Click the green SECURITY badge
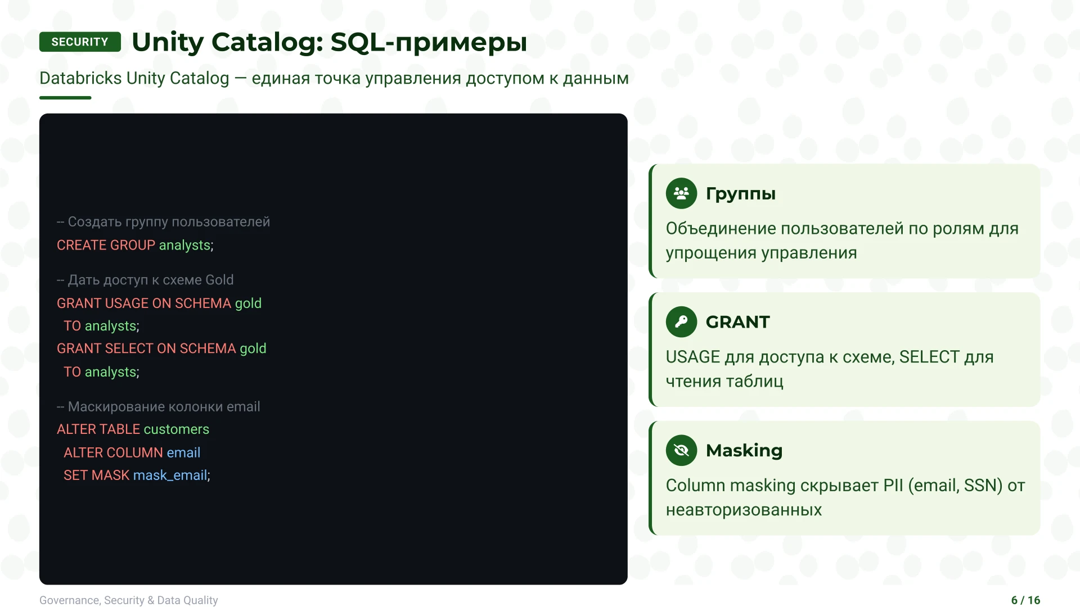pyautogui.click(x=80, y=42)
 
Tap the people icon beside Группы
pyautogui.click(x=681, y=193)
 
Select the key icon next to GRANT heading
pyautogui.click(x=681, y=322)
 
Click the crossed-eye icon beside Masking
pyautogui.click(x=681, y=451)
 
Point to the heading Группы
pyautogui.click(x=740, y=193)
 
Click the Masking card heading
pyautogui.click(x=744, y=451)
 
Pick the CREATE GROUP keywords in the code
pyautogui.click(x=106, y=246)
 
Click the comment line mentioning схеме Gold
pyautogui.click(x=145, y=280)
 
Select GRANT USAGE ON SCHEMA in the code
pyautogui.click(x=144, y=303)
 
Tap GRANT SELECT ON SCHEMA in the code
pyautogui.click(x=146, y=349)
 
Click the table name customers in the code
pyautogui.click(x=176, y=429)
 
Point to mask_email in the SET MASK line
pyautogui.click(x=170, y=475)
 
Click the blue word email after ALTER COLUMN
pyautogui.click(x=183, y=453)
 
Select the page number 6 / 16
pyautogui.click(x=1025, y=600)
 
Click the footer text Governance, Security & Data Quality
pyautogui.click(x=128, y=600)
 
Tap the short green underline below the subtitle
pyautogui.click(x=65, y=98)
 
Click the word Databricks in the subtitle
pyautogui.click(x=80, y=78)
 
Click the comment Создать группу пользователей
pyautogui.click(x=163, y=222)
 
